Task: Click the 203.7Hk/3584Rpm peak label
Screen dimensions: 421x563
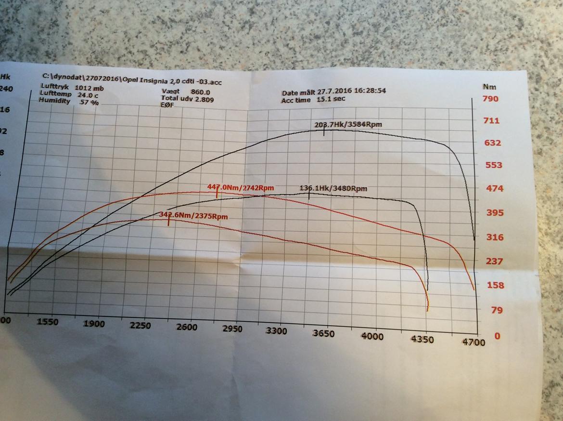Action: [x=349, y=125]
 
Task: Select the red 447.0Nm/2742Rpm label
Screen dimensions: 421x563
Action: [x=236, y=187]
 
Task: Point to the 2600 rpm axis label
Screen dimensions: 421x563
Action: [x=187, y=327]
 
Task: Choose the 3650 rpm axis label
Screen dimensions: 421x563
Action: [x=323, y=333]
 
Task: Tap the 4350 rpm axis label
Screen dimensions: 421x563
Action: [x=422, y=339]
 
